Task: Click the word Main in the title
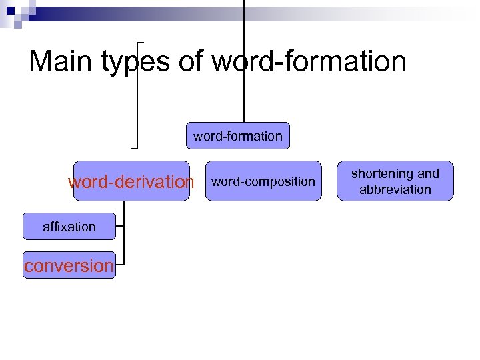(62, 62)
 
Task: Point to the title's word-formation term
(309, 62)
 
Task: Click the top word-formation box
(238, 136)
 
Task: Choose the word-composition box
(263, 181)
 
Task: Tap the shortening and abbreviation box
(395, 181)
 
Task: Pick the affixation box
(69, 227)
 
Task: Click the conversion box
(69, 265)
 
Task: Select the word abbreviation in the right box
(395, 189)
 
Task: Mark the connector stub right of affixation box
(120, 227)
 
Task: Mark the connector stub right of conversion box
(120, 265)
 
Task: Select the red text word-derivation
(131, 182)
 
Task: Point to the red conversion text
(69, 265)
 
